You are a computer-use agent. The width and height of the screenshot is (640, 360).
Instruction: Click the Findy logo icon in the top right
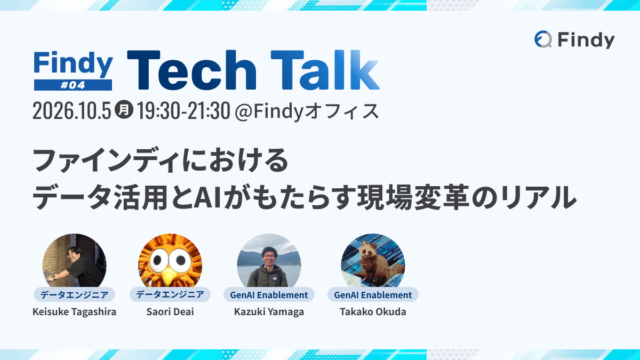click(543, 39)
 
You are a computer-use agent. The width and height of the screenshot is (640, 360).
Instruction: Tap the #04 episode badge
click(73, 85)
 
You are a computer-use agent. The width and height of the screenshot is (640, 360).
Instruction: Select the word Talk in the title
click(325, 70)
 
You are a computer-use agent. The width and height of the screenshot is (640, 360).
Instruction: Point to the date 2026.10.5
click(71, 111)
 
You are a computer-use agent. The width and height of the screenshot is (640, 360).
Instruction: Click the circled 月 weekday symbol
click(124, 109)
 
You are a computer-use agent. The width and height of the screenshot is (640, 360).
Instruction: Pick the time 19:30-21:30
click(183, 111)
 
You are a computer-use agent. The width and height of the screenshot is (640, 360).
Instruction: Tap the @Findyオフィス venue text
click(307, 111)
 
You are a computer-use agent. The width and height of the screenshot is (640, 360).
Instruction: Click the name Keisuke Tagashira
click(74, 311)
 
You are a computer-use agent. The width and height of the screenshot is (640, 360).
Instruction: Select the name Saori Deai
click(170, 311)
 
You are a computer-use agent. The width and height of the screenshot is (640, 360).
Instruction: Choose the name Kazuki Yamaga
click(269, 311)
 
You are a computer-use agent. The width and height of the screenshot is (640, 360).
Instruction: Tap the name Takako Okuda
click(373, 311)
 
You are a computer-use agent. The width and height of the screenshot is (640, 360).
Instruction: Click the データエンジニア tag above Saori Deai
click(170, 294)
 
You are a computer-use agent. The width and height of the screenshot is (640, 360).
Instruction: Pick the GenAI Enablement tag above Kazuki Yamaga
click(269, 294)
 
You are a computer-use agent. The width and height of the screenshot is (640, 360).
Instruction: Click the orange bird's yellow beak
click(169, 277)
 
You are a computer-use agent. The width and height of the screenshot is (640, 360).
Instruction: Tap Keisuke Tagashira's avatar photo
click(74, 261)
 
